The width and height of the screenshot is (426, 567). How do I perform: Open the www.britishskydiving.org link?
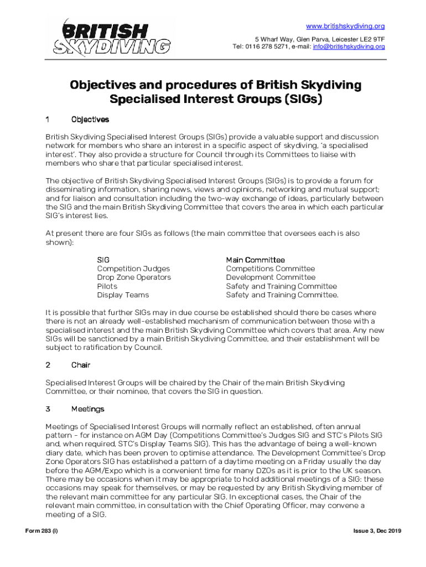[x=345, y=27]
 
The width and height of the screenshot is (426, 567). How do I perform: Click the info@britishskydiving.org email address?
[x=349, y=47]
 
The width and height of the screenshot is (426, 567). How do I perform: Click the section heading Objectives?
[x=90, y=120]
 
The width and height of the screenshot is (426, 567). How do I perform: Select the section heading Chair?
[x=81, y=365]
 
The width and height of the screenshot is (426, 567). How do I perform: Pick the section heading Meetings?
[x=87, y=409]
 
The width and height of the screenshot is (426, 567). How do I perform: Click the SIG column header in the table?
[x=103, y=260]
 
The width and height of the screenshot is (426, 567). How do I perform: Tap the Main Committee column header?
[x=255, y=260]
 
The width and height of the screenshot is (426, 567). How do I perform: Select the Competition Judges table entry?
[x=133, y=269]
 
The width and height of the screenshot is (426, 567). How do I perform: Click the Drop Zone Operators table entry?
[x=134, y=277]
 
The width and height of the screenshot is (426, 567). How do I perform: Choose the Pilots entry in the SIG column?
[x=107, y=286]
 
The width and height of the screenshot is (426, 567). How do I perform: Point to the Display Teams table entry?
[x=123, y=295]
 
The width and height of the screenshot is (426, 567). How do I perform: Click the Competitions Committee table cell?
[x=270, y=269]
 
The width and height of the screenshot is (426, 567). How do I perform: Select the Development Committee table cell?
[x=271, y=277]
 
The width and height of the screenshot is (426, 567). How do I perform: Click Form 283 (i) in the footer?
[x=45, y=532]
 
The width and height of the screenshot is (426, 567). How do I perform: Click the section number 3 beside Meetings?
[x=48, y=409]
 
